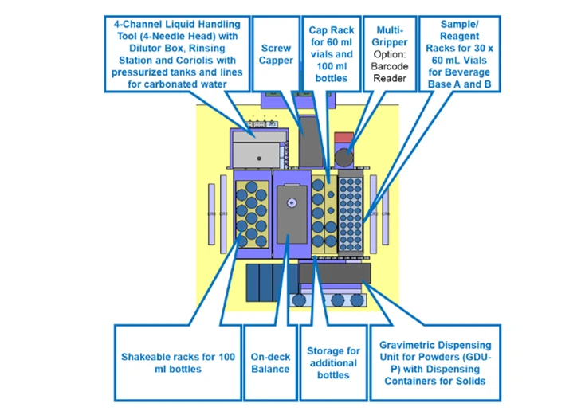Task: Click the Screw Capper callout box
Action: coord(276,54)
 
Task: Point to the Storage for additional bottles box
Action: coord(333,362)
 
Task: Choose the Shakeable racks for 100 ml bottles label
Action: coord(177,362)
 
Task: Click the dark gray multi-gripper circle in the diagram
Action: coord(344,157)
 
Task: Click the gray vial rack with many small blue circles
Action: coord(350,211)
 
